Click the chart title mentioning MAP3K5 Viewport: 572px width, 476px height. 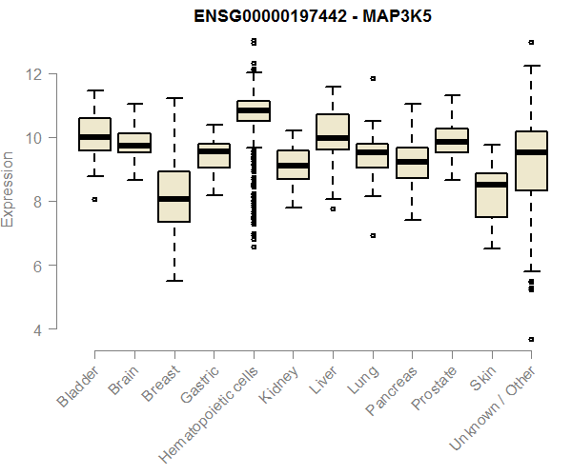point(285,16)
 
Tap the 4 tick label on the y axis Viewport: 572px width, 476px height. point(38,329)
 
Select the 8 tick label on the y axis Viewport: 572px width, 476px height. point(38,202)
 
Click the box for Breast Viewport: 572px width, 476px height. point(174,196)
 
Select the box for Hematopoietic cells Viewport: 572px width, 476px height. point(253,110)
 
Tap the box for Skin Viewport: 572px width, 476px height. point(491,195)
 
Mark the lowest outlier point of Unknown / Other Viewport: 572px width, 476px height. point(531,339)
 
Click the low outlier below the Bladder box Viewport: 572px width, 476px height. point(93,199)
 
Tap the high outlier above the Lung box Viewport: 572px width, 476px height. point(373,78)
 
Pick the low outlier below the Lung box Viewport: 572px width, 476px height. point(373,235)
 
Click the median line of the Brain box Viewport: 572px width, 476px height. point(134,146)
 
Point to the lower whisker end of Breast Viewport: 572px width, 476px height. point(174,280)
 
